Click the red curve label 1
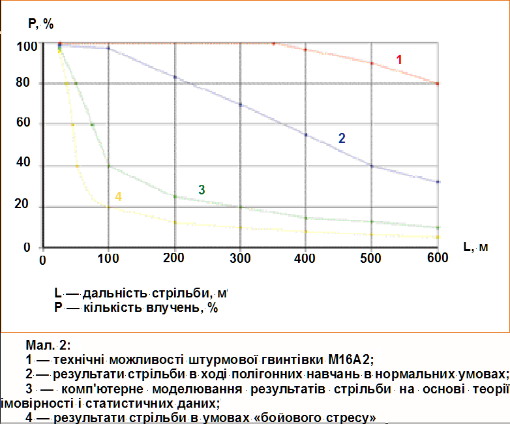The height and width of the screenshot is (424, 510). pyautogui.click(x=399, y=59)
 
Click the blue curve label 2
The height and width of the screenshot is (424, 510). pyautogui.click(x=341, y=138)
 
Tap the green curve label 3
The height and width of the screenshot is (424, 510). pyautogui.click(x=202, y=190)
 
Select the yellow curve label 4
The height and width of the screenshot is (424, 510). pyautogui.click(x=118, y=196)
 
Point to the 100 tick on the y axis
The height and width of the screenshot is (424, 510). pyautogui.click(x=27, y=46)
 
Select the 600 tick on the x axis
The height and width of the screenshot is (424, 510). pyautogui.click(x=438, y=258)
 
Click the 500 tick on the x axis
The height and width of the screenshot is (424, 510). pyautogui.click(x=371, y=258)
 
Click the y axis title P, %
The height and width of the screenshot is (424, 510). pyautogui.click(x=40, y=25)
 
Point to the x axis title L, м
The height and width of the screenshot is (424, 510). pyautogui.click(x=476, y=247)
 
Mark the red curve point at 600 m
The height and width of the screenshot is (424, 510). pyautogui.click(x=438, y=83)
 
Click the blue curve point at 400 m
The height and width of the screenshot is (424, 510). pyautogui.click(x=306, y=134)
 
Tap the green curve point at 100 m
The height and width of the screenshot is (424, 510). pyautogui.click(x=109, y=166)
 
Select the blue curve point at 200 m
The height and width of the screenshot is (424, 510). pyautogui.click(x=175, y=77)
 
